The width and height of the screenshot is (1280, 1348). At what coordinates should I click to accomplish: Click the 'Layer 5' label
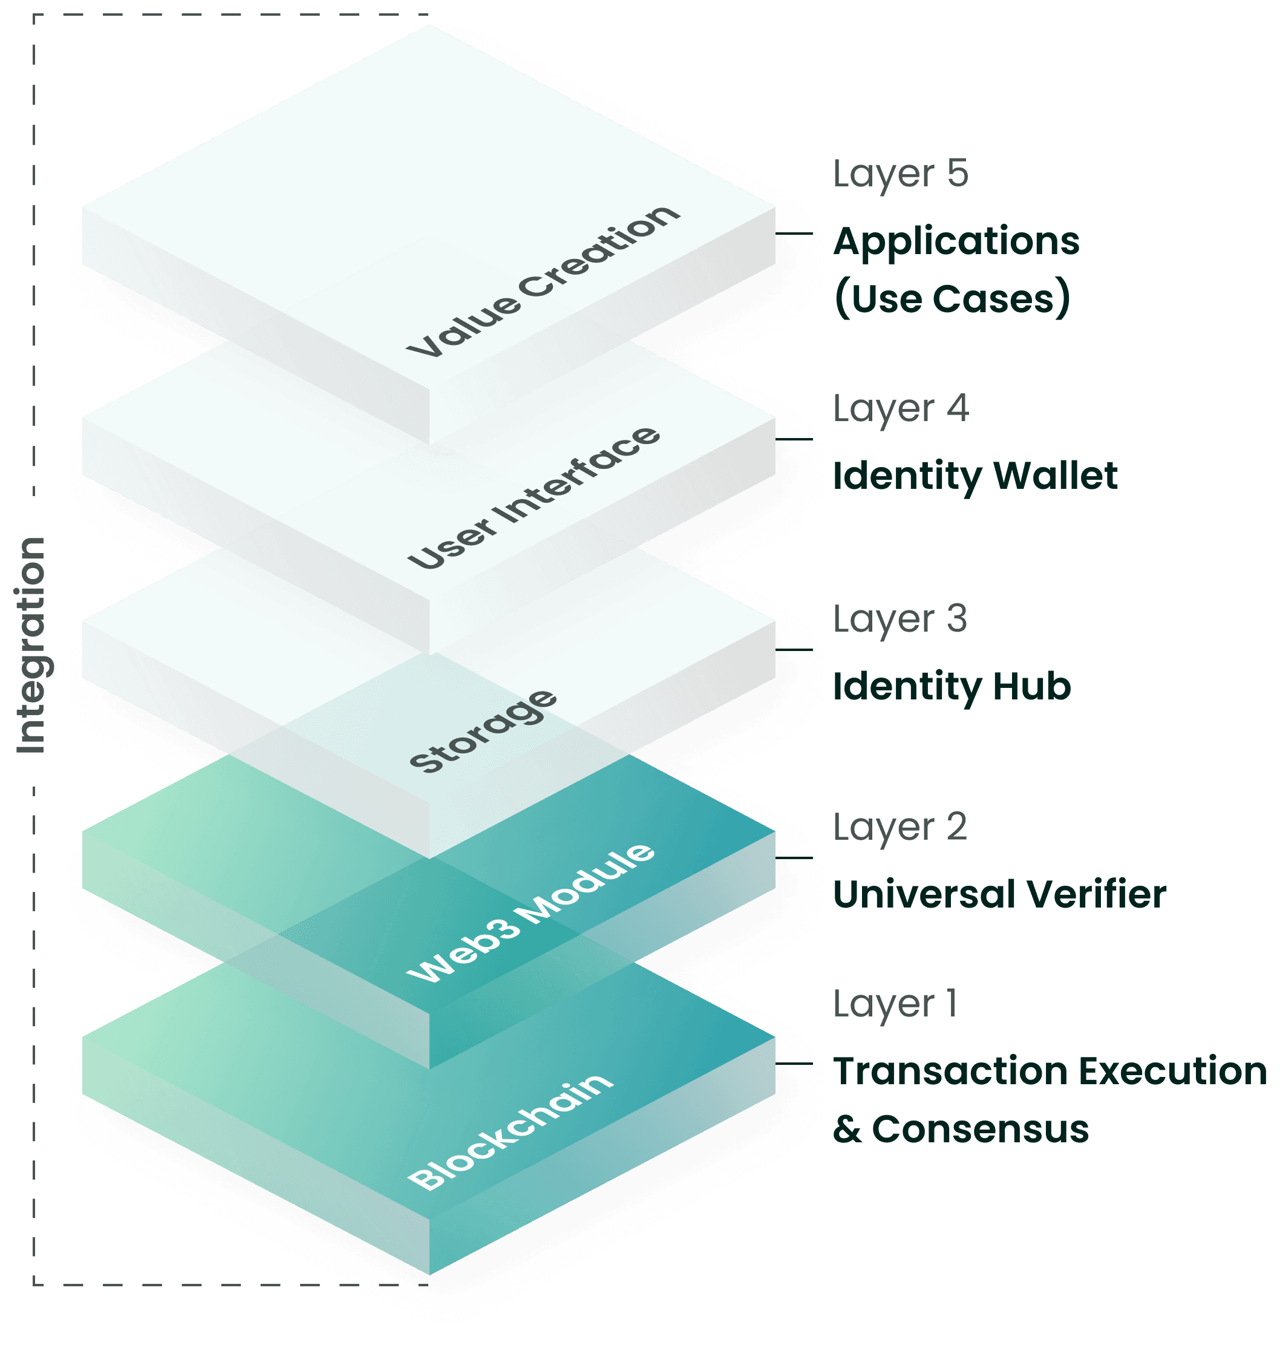point(900,175)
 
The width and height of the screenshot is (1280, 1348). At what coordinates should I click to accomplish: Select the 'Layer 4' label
point(900,410)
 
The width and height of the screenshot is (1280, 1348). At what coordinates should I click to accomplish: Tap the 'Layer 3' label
point(900,620)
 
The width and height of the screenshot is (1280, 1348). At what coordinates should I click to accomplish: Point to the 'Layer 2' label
point(900,828)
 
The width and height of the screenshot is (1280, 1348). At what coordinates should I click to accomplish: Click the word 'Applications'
point(955,241)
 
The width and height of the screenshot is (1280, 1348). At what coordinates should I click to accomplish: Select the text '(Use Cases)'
point(951,299)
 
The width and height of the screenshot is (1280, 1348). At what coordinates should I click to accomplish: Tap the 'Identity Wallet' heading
point(975,476)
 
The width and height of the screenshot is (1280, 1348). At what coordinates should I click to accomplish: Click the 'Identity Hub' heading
point(951,686)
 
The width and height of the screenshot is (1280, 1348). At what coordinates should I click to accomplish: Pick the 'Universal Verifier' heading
point(999,894)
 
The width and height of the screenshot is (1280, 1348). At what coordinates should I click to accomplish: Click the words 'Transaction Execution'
point(1050,1070)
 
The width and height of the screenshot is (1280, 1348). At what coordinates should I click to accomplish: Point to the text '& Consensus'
point(960,1128)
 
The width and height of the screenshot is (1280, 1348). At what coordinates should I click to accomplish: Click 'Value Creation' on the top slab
point(543,281)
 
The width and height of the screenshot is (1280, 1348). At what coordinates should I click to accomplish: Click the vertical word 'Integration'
point(31,645)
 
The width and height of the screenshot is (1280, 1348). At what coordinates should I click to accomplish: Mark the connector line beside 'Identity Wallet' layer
point(795,439)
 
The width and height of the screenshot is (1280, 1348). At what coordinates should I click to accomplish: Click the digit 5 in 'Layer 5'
point(957,174)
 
